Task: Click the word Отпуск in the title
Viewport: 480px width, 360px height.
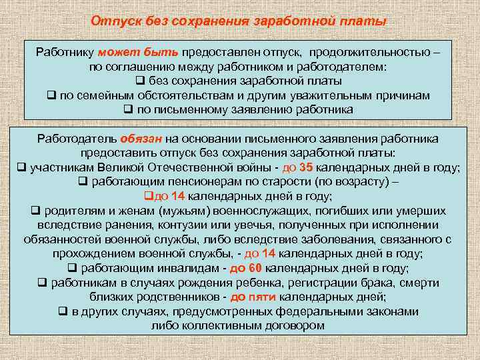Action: coord(114,21)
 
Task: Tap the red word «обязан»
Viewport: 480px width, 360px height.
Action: coord(141,139)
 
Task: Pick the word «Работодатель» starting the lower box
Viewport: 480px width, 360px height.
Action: coord(77,139)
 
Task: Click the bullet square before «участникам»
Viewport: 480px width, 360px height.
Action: coord(21,168)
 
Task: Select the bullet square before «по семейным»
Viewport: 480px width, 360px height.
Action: coord(51,95)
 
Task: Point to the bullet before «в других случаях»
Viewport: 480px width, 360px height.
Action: coord(62,311)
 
